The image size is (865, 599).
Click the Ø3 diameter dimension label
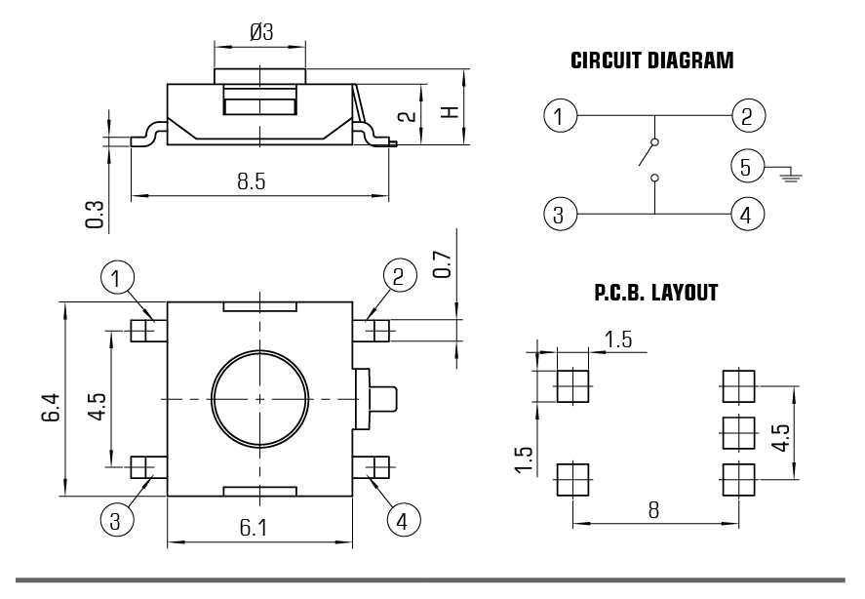(260, 31)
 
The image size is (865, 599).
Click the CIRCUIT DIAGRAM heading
(650, 61)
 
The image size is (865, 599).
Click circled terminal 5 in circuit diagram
(745, 167)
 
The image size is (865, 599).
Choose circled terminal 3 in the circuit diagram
(558, 214)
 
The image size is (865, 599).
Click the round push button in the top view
(260, 398)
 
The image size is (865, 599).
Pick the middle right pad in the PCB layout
(737, 430)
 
